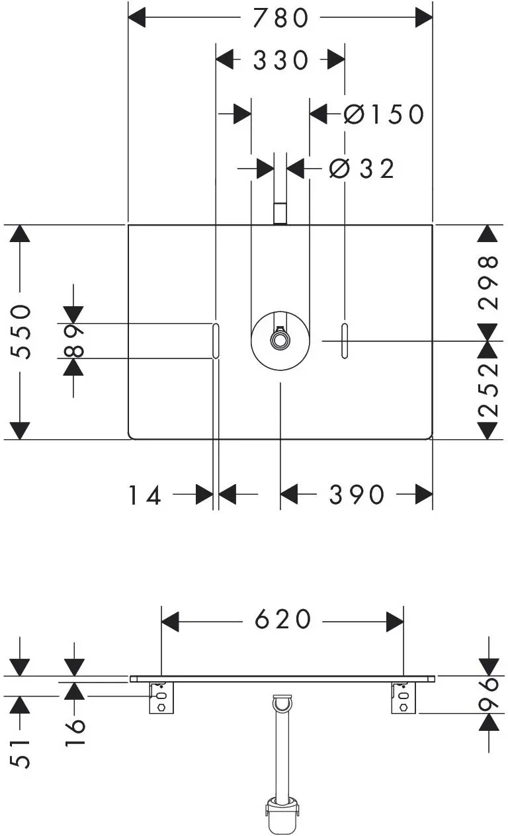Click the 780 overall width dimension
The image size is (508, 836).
pos(280,18)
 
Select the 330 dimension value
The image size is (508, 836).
pos(280,60)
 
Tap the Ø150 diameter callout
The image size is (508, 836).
pos(384,114)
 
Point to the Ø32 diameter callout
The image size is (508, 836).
pos(362,169)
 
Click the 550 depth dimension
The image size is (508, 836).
pos(20,332)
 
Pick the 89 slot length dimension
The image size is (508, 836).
pos(73,341)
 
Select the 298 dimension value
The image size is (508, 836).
pos(488,282)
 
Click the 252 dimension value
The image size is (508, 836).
pos(488,390)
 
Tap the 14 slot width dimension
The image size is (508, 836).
pos(145,495)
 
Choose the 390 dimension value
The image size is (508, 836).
pos(357,495)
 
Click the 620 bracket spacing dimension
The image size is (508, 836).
pos(282,619)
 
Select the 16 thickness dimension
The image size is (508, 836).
pos(75,731)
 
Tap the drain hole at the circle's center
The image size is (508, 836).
pos(280,340)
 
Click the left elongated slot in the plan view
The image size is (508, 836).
pos(216,341)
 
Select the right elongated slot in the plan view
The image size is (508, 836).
pos(345,341)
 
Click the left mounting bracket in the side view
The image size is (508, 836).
pos(161,698)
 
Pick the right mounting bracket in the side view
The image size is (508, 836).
pos(403,698)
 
